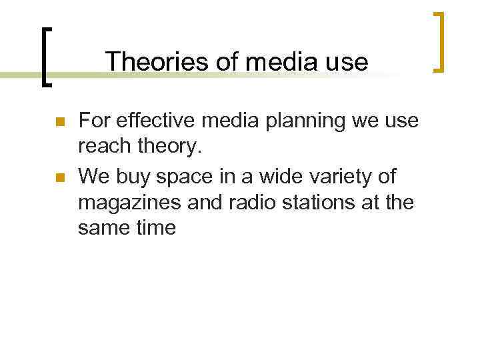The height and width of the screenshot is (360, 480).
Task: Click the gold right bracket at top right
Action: click(x=439, y=41)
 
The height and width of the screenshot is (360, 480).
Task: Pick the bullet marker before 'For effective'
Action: click(x=58, y=123)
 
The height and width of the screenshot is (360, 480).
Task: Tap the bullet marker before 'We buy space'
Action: click(x=58, y=178)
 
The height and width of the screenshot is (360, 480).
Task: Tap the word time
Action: click(x=155, y=228)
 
